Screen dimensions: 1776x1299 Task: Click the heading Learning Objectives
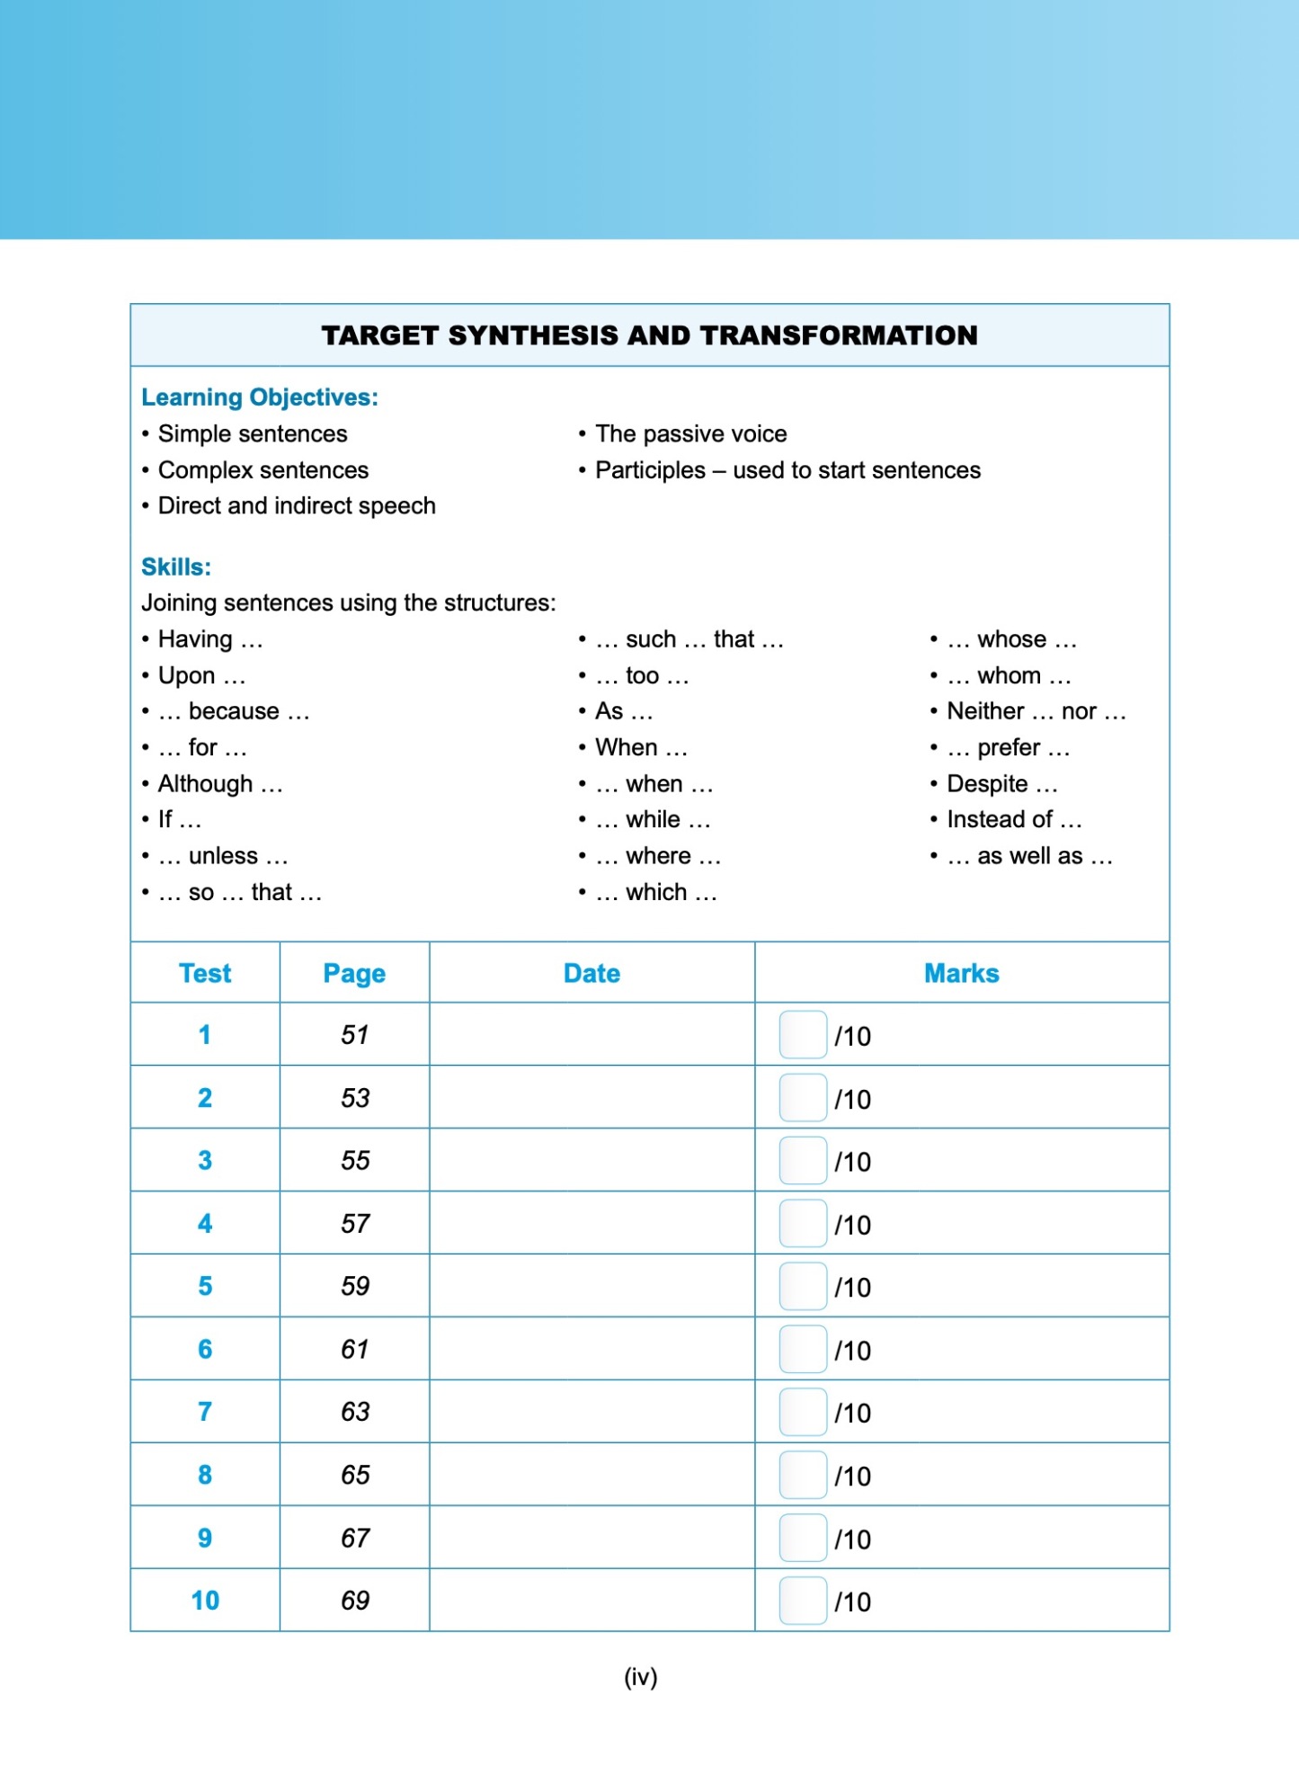click(260, 397)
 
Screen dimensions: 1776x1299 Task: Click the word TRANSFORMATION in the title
click(838, 335)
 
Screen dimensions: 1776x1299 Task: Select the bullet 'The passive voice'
click(690, 434)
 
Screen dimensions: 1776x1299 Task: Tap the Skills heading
click(176, 567)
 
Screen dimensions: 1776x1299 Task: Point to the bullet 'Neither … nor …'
click(1036, 711)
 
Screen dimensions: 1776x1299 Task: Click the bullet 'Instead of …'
click(1014, 819)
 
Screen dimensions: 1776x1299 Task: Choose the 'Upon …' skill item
click(201, 675)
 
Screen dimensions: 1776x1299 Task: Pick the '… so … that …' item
click(239, 892)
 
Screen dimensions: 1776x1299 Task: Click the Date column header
click(592, 973)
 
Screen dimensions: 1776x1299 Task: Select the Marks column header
click(961, 973)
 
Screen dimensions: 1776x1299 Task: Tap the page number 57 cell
click(355, 1223)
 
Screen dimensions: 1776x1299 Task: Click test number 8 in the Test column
click(205, 1475)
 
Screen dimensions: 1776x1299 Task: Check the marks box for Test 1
click(803, 1035)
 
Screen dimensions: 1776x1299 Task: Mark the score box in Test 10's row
click(803, 1601)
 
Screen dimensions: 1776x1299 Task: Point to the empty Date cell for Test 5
click(592, 1286)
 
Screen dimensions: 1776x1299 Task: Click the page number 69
click(355, 1601)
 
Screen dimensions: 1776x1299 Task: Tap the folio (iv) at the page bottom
click(641, 1677)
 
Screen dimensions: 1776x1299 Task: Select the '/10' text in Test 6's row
click(852, 1351)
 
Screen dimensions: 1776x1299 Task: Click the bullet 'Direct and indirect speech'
click(297, 506)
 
